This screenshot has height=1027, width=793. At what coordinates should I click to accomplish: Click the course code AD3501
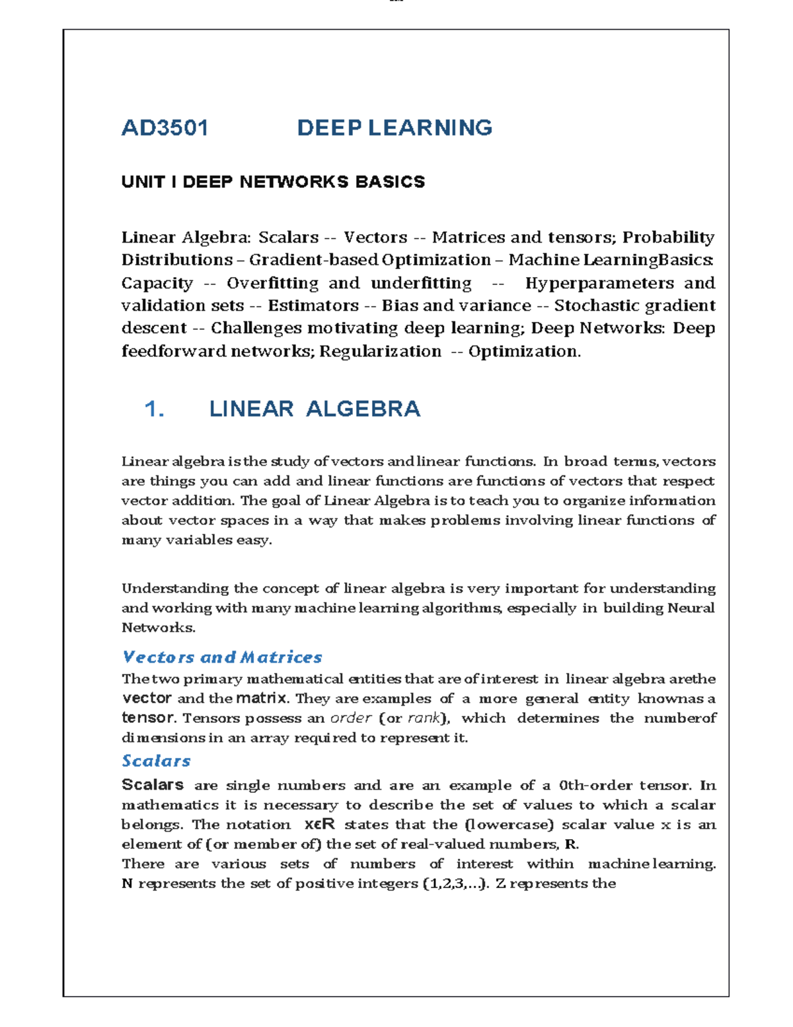[x=165, y=128]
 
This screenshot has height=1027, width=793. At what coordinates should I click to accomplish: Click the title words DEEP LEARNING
[x=395, y=128]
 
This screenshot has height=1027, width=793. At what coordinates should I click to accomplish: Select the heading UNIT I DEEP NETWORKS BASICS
[x=273, y=182]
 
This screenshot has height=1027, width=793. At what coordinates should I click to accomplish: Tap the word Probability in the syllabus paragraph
[x=668, y=237]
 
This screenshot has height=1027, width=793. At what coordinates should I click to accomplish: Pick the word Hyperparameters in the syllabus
[x=599, y=283]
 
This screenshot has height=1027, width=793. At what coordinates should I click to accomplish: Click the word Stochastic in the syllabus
[x=596, y=306]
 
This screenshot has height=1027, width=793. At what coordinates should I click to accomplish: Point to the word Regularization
[x=380, y=351]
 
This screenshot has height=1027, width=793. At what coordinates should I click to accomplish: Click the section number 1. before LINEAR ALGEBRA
[x=154, y=409]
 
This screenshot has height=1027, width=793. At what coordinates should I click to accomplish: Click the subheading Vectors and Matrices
[x=222, y=657]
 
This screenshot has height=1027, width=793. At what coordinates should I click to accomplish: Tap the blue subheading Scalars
[x=156, y=761]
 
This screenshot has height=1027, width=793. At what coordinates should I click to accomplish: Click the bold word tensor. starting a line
[x=149, y=718]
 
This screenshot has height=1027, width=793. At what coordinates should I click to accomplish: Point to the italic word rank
[x=424, y=718]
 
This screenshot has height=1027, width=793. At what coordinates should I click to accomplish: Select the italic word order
[x=350, y=718]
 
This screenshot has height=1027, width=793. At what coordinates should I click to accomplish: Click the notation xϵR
[x=319, y=825]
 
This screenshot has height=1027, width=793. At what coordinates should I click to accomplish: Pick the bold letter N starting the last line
[x=127, y=883]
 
